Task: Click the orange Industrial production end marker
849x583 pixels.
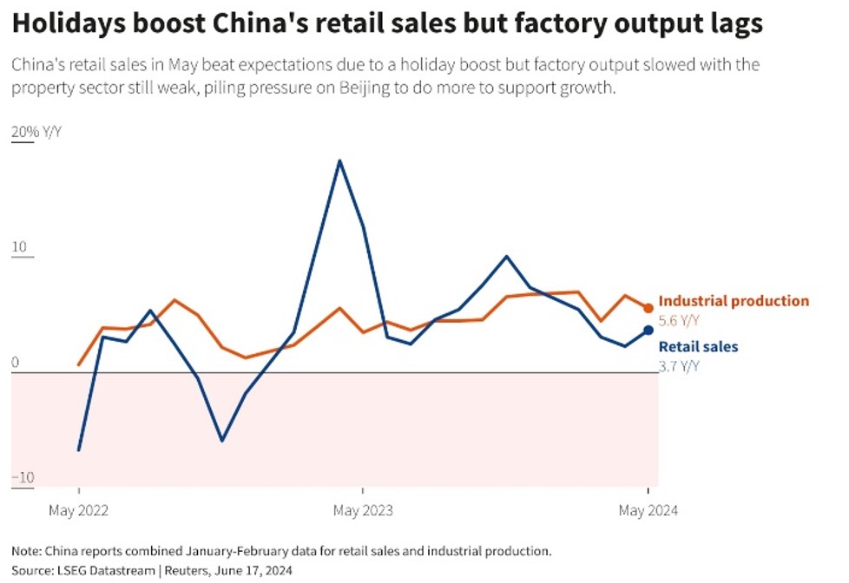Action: pos(648,307)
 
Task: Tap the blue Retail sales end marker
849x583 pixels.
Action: pos(648,330)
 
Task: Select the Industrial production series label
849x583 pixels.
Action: pos(734,301)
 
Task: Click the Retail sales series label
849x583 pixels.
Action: pos(698,347)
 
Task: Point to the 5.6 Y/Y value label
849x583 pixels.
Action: pos(679,320)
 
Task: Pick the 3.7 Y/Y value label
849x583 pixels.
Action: pos(679,366)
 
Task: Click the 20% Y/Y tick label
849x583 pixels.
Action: pos(36,132)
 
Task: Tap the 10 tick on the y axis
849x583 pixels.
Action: pos(19,247)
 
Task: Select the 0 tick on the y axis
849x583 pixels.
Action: pos(15,363)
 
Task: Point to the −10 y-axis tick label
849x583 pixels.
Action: pos(22,477)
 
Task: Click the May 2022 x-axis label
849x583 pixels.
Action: pos(80,510)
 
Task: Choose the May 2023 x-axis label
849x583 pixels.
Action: pos(363,510)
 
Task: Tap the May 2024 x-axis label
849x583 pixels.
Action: pos(648,510)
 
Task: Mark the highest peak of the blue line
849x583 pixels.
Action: pos(339,160)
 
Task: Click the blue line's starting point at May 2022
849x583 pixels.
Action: pos(79,449)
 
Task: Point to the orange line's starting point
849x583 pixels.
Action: pos(79,364)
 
